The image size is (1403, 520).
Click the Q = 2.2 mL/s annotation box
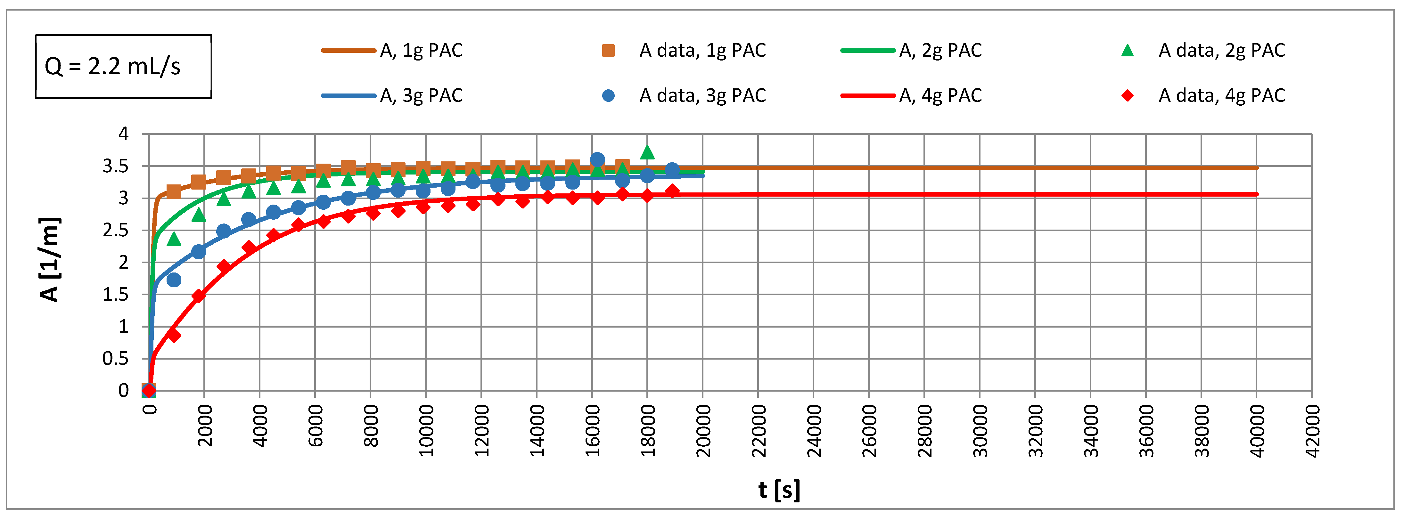pyautogui.click(x=123, y=66)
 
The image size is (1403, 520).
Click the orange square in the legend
pyautogui.click(x=608, y=51)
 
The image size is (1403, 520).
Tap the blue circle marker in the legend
pyautogui.click(x=608, y=96)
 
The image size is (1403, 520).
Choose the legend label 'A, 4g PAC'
pyautogui.click(x=940, y=96)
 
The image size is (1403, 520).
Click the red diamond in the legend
pyautogui.click(x=1128, y=96)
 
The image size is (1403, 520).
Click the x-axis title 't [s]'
pyautogui.click(x=779, y=490)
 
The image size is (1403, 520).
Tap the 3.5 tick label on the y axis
pyautogui.click(x=115, y=166)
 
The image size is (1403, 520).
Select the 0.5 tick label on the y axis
pyautogui.click(x=115, y=358)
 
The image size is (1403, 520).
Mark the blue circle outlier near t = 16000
pyautogui.click(x=597, y=159)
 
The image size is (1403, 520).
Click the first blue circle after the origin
pyautogui.click(x=174, y=280)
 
